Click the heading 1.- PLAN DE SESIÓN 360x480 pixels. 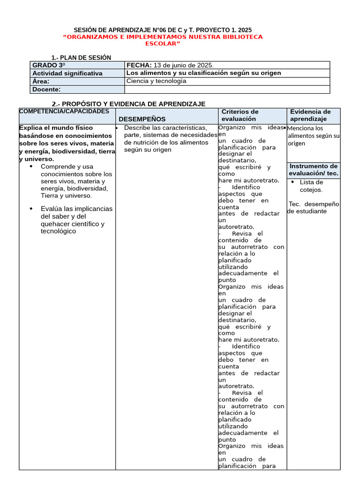tap(81, 58)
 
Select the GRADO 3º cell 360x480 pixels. tap(77, 65)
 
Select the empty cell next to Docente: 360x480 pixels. tap(227, 90)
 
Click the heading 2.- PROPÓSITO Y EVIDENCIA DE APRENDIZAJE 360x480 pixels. tap(128, 104)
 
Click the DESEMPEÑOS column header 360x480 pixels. tap(142, 119)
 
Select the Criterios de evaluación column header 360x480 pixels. tap(240, 115)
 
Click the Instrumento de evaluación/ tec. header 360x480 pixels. tap(313, 170)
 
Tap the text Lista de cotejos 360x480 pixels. tap(311, 186)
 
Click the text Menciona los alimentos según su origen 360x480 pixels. tap(313, 136)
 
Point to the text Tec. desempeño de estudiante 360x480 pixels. tap(314, 208)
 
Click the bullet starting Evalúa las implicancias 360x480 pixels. tap(76, 220)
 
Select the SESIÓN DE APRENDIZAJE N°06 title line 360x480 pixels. tap(163, 30)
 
